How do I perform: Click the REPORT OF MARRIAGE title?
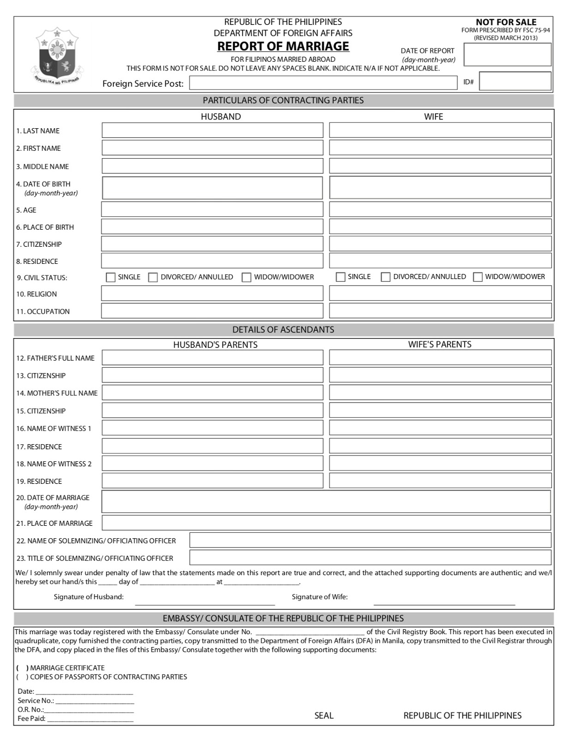tap(283, 47)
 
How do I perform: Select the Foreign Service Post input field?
tap(323, 83)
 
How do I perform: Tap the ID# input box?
tap(515, 81)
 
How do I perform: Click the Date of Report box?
tap(507, 55)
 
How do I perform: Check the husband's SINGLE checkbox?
tap(111, 277)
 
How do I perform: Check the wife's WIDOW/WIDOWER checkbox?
tap(478, 277)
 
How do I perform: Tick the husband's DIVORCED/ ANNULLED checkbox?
tap(153, 277)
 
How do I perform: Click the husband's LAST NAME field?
tap(212, 131)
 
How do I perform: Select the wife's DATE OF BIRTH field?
tap(440, 188)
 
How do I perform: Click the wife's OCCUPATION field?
tap(440, 311)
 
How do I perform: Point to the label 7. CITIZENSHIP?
tap(39, 244)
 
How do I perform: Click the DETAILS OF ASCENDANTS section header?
tap(283, 330)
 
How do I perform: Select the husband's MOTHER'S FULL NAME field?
tap(212, 393)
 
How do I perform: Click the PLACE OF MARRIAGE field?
tap(326, 523)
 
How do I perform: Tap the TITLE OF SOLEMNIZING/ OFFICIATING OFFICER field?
tap(370, 558)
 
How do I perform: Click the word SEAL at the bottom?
tap(324, 715)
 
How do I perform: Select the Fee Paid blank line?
tap(90, 719)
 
